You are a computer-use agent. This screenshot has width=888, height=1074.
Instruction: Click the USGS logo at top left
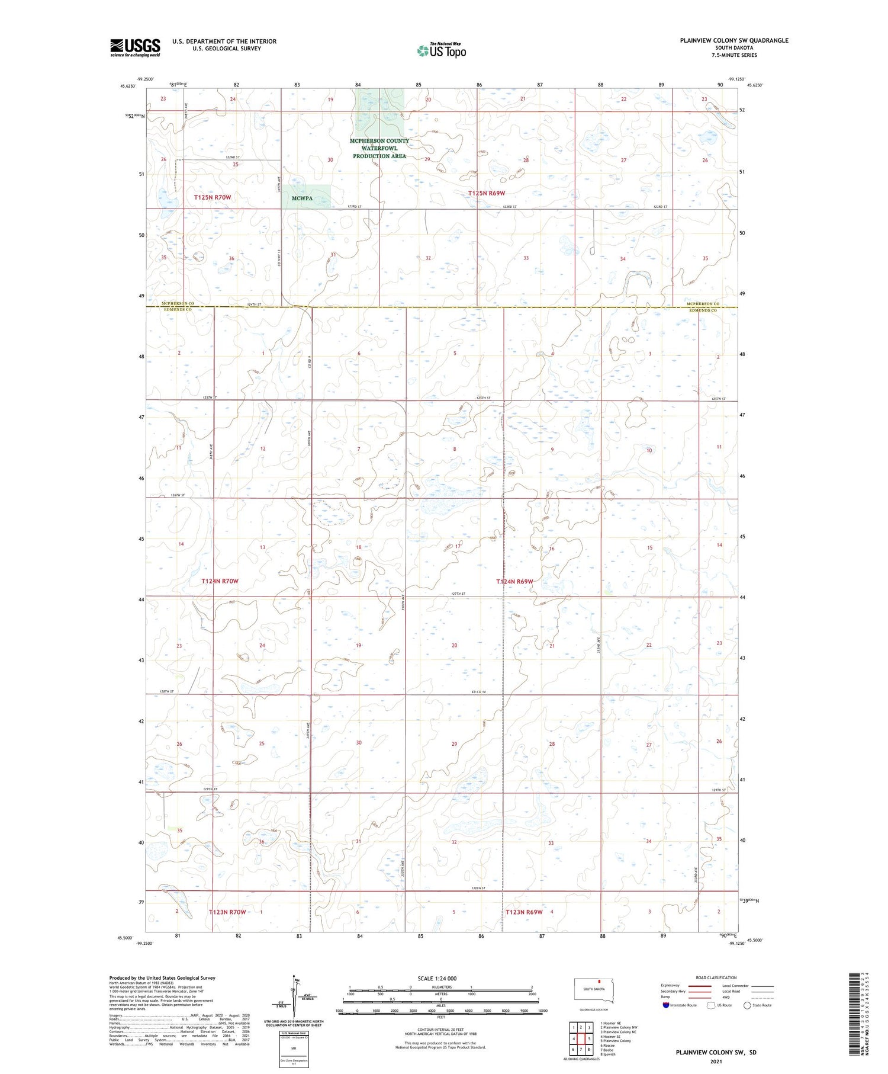pyautogui.click(x=135, y=47)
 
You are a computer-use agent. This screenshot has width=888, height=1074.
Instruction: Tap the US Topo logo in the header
pyautogui.click(x=442, y=51)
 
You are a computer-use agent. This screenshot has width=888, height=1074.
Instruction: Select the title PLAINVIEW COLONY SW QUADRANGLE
pyautogui.click(x=734, y=40)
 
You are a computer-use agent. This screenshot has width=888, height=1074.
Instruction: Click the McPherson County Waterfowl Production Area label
pyautogui.click(x=379, y=148)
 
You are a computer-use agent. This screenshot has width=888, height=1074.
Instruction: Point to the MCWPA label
pyautogui.click(x=302, y=198)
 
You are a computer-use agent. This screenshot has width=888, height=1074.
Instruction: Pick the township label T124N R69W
pyautogui.click(x=515, y=582)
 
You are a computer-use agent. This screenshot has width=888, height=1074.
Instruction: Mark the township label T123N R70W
pyautogui.click(x=227, y=912)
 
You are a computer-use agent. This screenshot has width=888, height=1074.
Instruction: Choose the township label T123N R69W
pyautogui.click(x=524, y=912)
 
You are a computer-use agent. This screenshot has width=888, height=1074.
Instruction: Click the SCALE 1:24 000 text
pyautogui.click(x=437, y=978)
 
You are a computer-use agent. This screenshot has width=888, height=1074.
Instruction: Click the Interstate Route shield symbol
pyautogui.click(x=666, y=1005)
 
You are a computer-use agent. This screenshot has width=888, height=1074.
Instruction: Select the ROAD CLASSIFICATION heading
pyautogui.click(x=716, y=977)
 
